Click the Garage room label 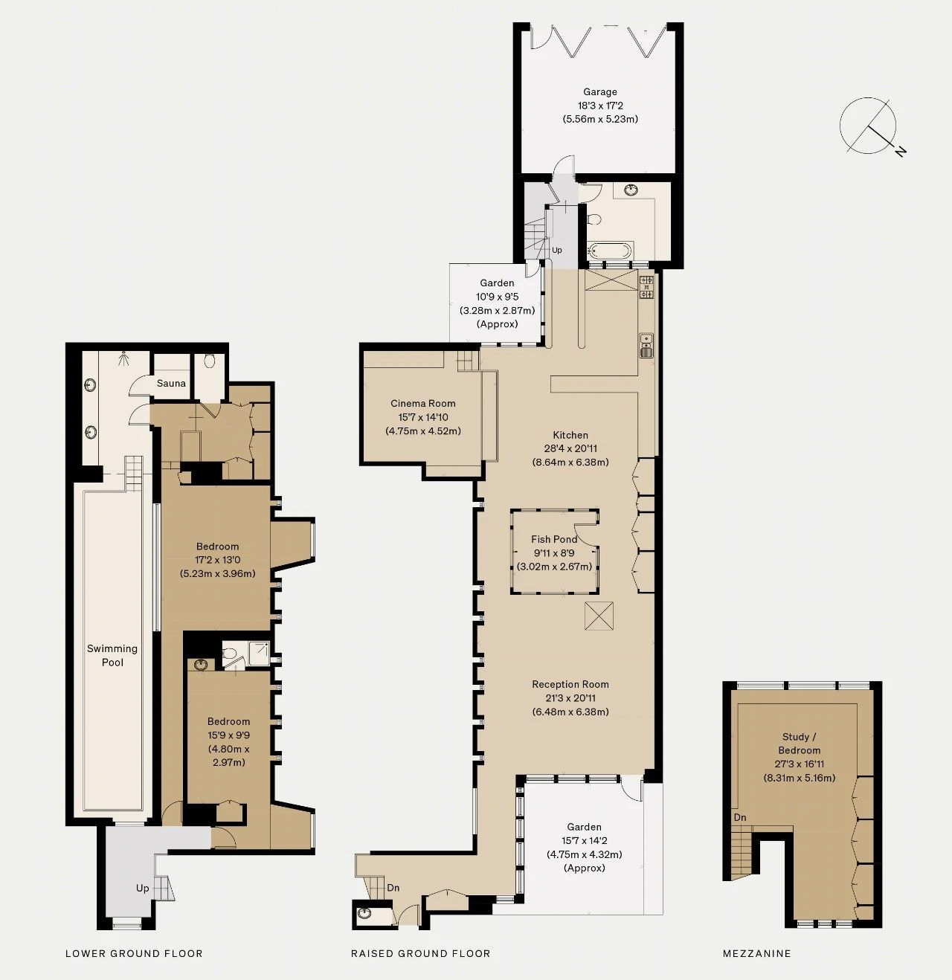pos(600,91)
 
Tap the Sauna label pos(171,383)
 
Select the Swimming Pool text pos(112,655)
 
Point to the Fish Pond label pos(554,539)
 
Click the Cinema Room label pos(423,404)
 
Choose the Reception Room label pos(570,684)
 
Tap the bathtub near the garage pos(608,251)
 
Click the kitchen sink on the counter pos(646,345)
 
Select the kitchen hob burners pos(646,287)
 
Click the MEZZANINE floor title pos(756,953)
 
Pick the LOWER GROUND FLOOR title pos(134,953)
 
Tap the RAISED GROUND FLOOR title pos(421,953)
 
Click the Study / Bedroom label pos(799,744)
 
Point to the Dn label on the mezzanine pos(740,817)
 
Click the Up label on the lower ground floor pos(143,888)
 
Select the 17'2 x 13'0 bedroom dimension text pos(218,559)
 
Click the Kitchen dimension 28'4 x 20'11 pos(570,448)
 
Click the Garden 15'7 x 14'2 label pos(585,840)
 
